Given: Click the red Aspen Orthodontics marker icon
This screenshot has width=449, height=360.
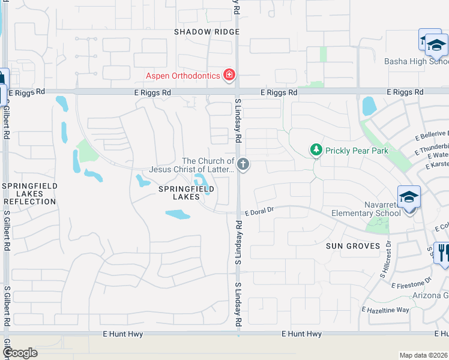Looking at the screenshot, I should tap(229, 75).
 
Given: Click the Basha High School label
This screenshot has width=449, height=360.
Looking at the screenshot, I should tap(416, 61).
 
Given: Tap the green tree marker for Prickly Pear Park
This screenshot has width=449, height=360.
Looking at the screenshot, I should tap(315, 149).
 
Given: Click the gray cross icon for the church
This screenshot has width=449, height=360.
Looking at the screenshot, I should tap(243, 164).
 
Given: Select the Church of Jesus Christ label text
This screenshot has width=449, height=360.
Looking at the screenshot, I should tap(208, 165).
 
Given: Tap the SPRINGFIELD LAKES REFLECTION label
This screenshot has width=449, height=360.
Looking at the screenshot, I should tap(29, 194).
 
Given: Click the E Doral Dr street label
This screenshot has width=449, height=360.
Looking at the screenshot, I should tap(259, 211).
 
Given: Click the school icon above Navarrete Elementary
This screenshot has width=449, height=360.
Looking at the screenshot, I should tap(408, 196).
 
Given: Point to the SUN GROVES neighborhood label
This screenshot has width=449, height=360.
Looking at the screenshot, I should tap(353, 246).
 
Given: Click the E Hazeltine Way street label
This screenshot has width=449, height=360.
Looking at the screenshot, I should tap(385, 310).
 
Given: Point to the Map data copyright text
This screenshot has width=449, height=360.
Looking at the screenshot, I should tap(423, 355).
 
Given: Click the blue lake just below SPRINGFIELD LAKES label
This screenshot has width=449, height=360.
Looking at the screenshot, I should tap(178, 214).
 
